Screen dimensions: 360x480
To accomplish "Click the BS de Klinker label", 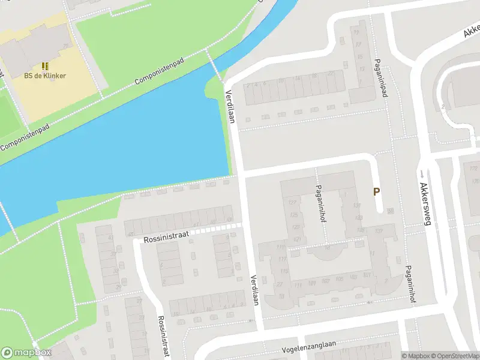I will point(45,76).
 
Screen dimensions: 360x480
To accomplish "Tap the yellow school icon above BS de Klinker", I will point(45,65).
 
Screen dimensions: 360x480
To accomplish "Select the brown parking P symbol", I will point(377,192).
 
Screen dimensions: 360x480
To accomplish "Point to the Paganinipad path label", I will point(380,78).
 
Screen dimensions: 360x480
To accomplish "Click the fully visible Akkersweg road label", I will point(426,203).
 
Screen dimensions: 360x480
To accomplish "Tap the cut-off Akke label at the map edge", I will point(472,31).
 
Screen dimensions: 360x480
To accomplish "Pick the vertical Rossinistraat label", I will point(162,337).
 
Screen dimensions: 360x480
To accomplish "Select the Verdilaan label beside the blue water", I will point(230,107).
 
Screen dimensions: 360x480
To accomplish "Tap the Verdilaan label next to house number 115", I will point(254,290).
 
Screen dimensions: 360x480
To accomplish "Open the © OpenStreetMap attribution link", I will point(455,356).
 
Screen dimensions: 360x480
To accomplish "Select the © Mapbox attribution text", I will point(417,356).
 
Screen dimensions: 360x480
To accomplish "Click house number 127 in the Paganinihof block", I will point(293,202).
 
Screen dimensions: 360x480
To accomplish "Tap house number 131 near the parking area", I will point(358,205).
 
